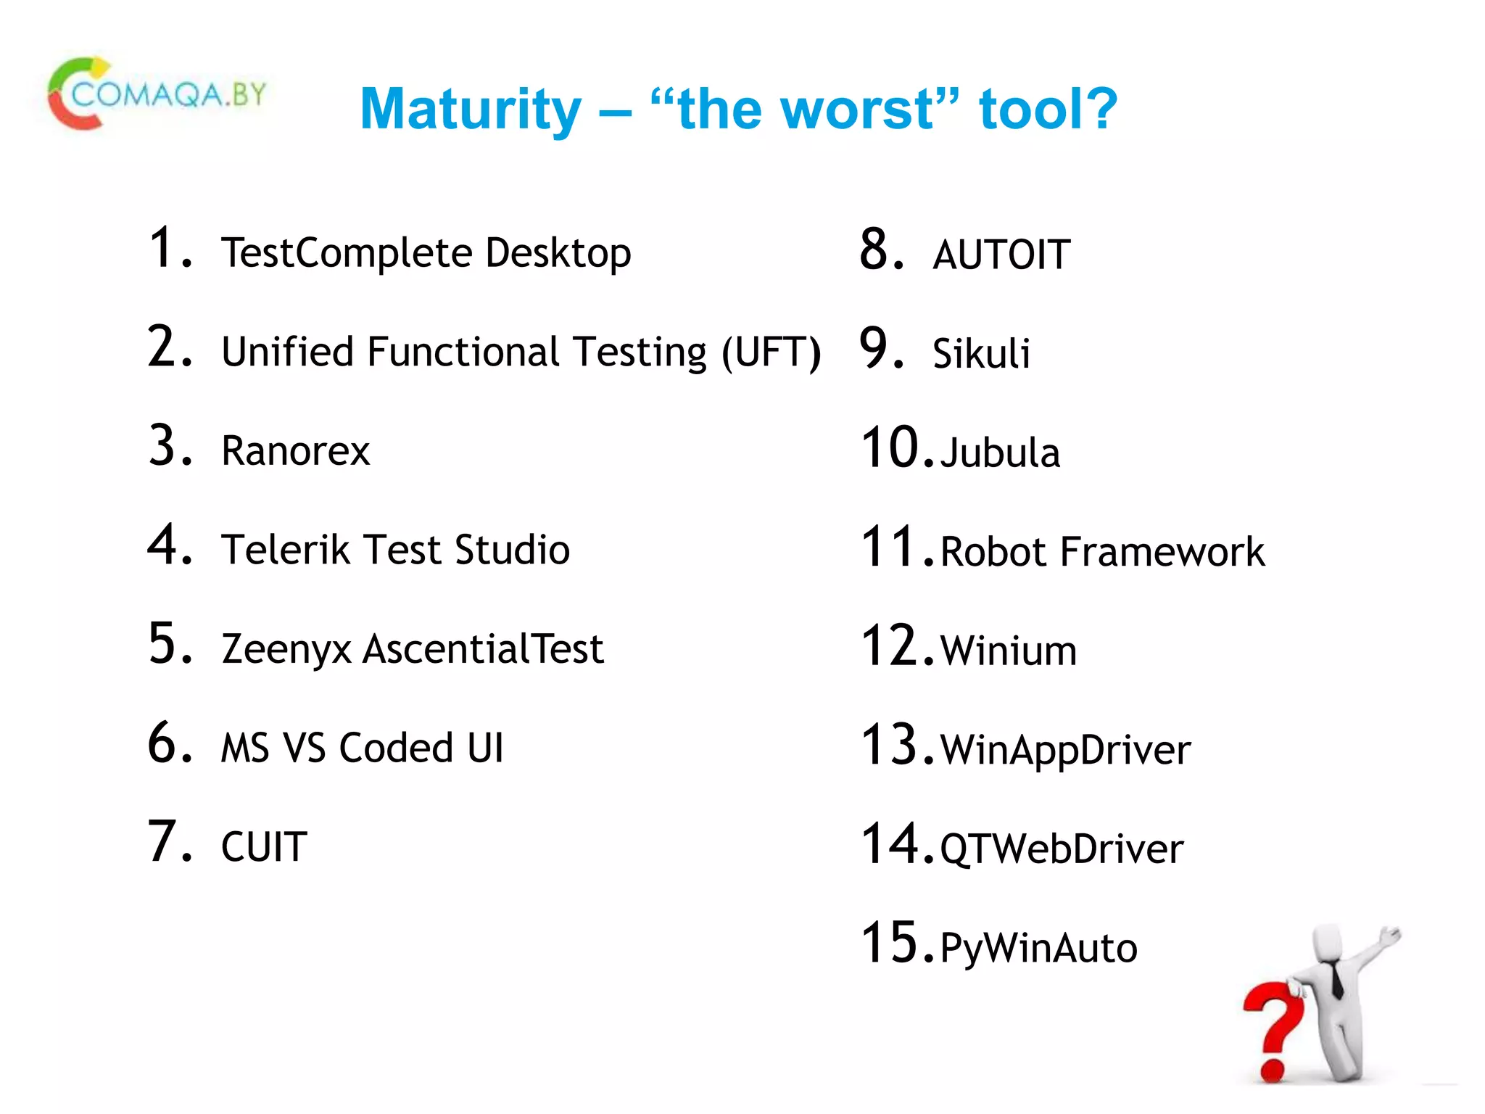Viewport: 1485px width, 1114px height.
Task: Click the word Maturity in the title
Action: click(471, 110)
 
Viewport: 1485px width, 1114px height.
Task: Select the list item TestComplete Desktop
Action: click(426, 253)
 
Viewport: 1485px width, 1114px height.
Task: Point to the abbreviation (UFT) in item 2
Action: click(771, 352)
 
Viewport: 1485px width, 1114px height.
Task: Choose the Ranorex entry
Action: click(295, 451)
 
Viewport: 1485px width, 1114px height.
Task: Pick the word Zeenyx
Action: click(286, 649)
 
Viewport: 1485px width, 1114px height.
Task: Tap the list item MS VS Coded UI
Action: click(362, 748)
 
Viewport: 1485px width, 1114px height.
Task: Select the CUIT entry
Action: click(264, 847)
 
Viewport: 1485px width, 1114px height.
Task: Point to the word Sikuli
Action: click(981, 354)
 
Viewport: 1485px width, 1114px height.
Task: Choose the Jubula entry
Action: click(1000, 453)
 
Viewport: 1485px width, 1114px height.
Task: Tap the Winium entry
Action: click(1008, 651)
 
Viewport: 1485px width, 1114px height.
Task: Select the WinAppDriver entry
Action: click(1065, 750)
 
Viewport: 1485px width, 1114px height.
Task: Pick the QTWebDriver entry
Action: click(1062, 849)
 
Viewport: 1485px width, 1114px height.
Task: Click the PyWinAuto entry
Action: click(1038, 948)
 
